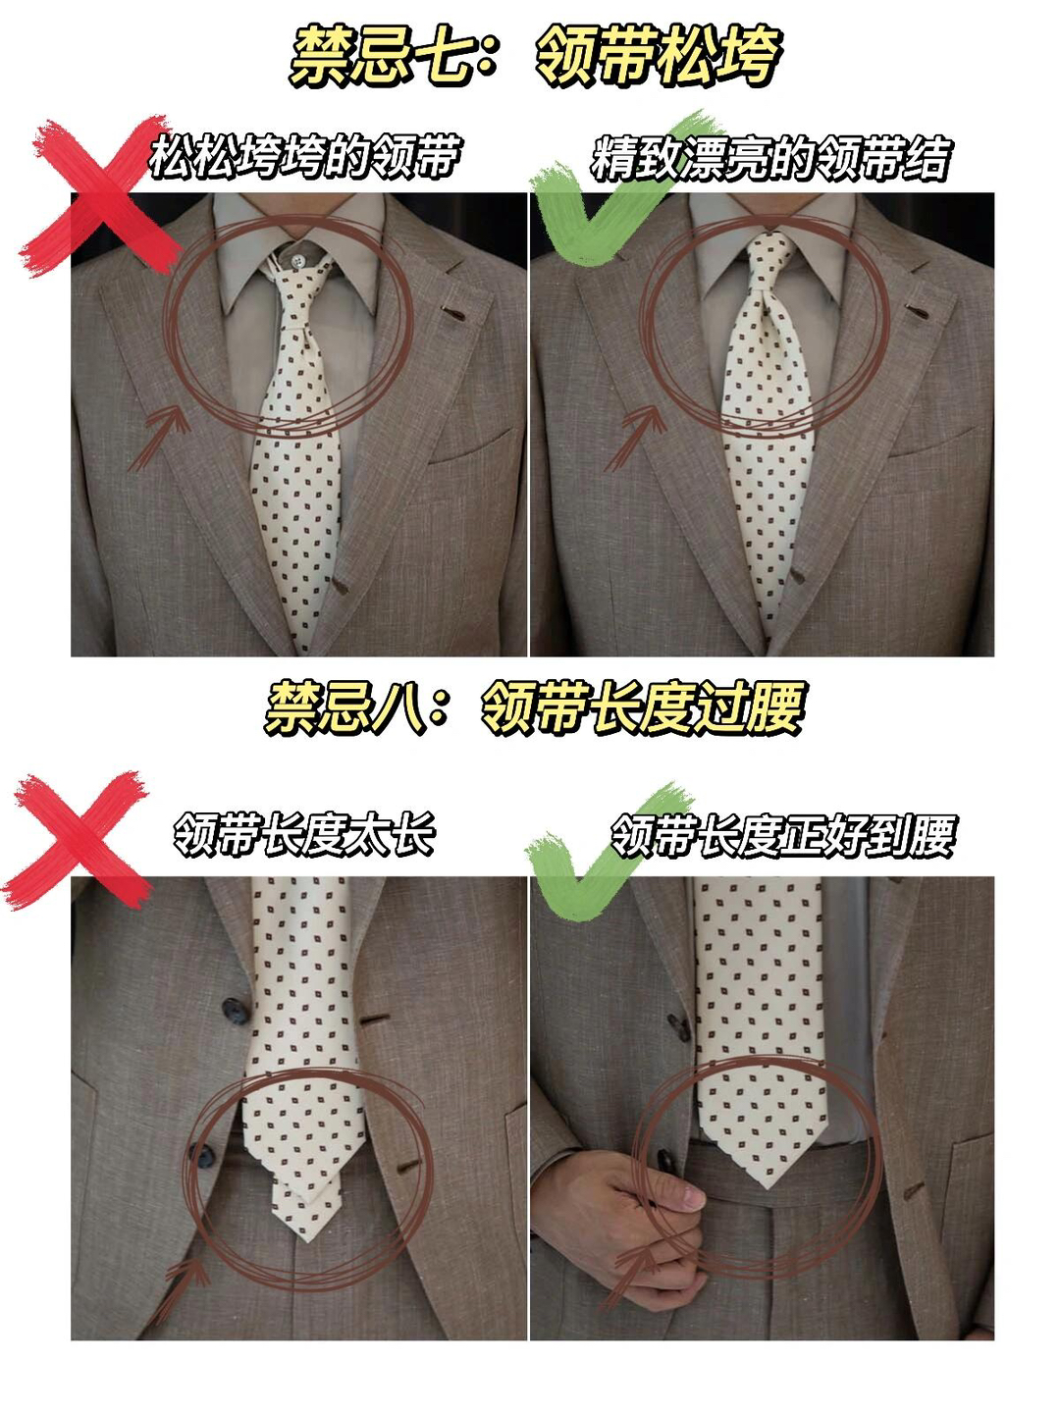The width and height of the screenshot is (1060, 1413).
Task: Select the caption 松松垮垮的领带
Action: [304, 156]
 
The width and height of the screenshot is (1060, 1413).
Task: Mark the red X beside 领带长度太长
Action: [78, 839]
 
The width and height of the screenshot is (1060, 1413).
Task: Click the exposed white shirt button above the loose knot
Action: [296, 260]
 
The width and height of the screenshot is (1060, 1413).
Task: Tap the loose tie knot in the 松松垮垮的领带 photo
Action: [297, 302]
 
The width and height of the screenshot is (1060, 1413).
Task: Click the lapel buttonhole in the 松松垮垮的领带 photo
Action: [453, 314]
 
